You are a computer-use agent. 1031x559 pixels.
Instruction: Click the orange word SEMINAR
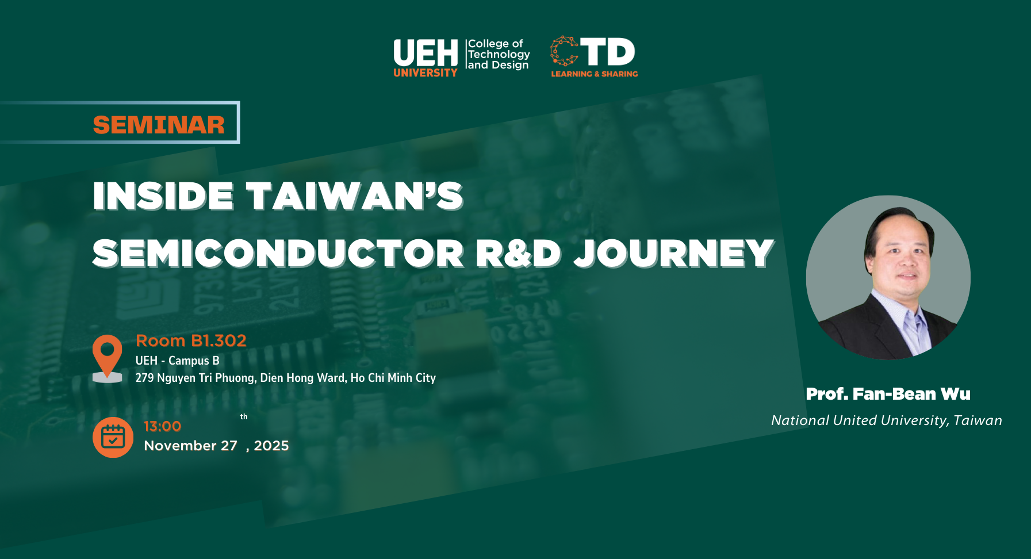coord(159,125)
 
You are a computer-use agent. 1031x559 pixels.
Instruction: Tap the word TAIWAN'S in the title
coord(355,196)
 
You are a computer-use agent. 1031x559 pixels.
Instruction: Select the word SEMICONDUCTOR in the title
coord(278,253)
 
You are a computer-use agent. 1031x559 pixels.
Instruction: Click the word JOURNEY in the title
coord(674,254)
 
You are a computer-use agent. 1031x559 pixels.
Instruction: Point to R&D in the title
coord(518,253)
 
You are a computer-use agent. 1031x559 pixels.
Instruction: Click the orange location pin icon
coord(108,358)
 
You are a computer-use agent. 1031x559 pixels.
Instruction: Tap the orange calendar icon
coord(113,437)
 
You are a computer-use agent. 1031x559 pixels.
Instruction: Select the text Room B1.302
coord(191,340)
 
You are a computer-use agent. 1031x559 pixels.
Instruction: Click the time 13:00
coord(162,426)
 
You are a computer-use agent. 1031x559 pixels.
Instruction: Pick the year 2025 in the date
coord(271,446)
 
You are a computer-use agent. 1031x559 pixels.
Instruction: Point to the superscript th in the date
coord(244,416)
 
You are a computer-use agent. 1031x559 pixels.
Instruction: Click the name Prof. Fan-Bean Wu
coord(888,394)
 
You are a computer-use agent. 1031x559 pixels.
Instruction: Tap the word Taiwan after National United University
coord(978,420)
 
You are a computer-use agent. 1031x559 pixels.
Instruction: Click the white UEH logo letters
coord(426,53)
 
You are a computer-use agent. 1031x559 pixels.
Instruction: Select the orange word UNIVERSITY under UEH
coord(426,73)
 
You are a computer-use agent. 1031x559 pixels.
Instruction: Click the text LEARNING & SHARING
coord(595,74)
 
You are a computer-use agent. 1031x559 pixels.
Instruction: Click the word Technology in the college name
coord(499,55)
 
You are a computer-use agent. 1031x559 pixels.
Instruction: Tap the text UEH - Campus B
coord(178,361)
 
